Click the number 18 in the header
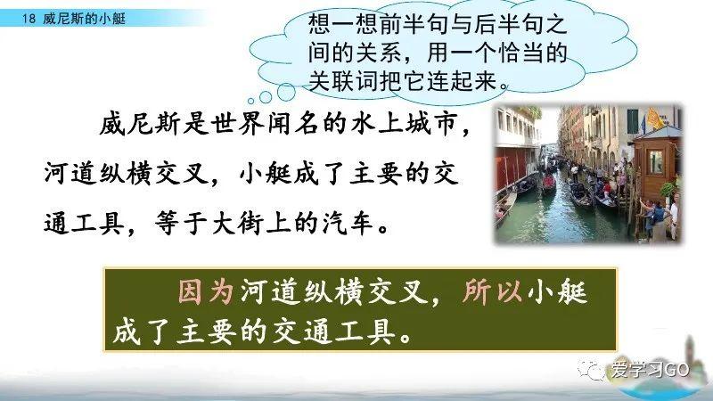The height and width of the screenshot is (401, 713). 27,17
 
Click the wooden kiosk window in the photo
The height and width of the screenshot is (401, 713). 655,160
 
